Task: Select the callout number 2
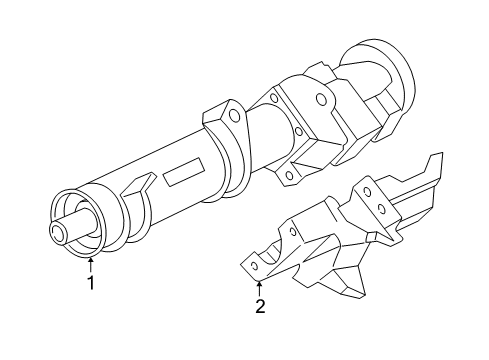pos(259,307)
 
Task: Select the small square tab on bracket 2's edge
pos(371,237)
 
